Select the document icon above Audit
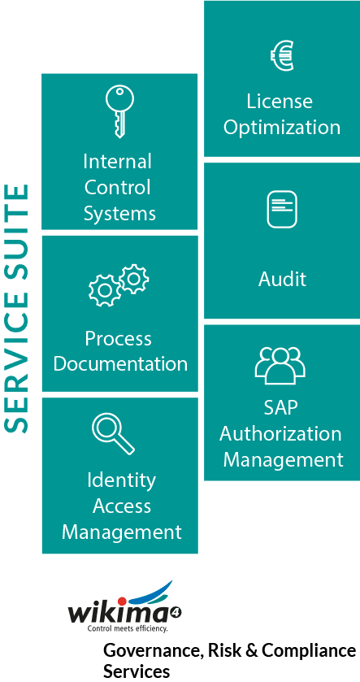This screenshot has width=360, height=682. [x=282, y=210]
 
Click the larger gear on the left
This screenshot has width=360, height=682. [x=104, y=290]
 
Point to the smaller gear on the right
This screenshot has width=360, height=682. [x=134, y=278]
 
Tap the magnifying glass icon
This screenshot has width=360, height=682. [x=113, y=433]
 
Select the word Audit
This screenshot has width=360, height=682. [x=282, y=278]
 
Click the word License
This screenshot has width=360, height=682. [x=280, y=102]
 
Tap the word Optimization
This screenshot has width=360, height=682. [x=282, y=128]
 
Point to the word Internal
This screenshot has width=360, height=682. [x=117, y=162]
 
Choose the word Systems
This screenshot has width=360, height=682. [x=119, y=214]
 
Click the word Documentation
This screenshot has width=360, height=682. [x=120, y=363]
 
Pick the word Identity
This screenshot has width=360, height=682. [x=121, y=480]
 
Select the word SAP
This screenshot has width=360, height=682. [x=281, y=407]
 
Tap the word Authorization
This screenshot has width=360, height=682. [x=280, y=434]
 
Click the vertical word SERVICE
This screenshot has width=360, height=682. [x=16, y=365]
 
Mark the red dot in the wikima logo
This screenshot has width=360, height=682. [x=122, y=601]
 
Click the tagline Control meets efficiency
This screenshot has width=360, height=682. [x=128, y=628]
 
